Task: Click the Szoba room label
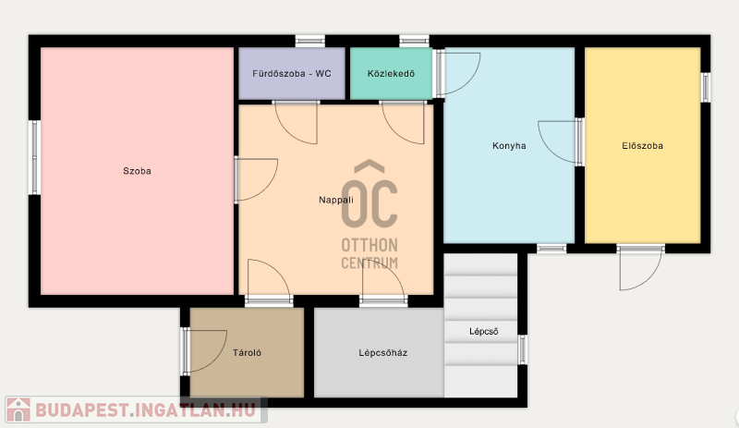[137, 171]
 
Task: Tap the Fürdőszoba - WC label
[292, 74]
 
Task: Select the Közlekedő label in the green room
[391, 74]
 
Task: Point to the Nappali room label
[336, 200]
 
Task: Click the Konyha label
[509, 146]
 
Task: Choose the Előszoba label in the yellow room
[642, 146]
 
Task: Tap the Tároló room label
[247, 352]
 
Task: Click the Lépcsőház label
[383, 352]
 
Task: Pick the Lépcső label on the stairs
[483, 331]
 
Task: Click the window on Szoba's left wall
[34, 157]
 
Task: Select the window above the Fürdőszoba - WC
[310, 41]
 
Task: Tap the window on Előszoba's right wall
[705, 87]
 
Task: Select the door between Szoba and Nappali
[257, 179]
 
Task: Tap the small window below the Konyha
[551, 249]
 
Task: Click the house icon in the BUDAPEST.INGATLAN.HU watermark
[18, 410]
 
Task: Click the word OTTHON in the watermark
[369, 245]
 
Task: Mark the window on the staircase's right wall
[522, 349]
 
